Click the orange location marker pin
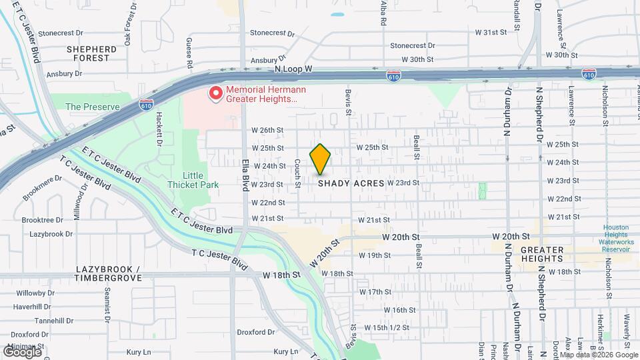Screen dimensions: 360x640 click(x=321, y=159)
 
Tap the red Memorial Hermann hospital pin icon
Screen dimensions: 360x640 click(x=215, y=93)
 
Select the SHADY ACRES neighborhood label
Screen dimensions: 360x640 click(x=351, y=183)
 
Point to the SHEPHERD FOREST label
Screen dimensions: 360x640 click(x=92, y=53)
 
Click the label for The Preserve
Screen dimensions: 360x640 click(x=92, y=107)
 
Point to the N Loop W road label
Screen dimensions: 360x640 click(x=293, y=69)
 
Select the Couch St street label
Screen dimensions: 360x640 click(x=297, y=173)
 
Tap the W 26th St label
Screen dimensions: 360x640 click(x=268, y=130)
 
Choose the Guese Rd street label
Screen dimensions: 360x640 click(x=189, y=53)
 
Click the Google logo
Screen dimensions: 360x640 click(x=21, y=351)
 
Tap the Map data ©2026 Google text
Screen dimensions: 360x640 click(x=598, y=355)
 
